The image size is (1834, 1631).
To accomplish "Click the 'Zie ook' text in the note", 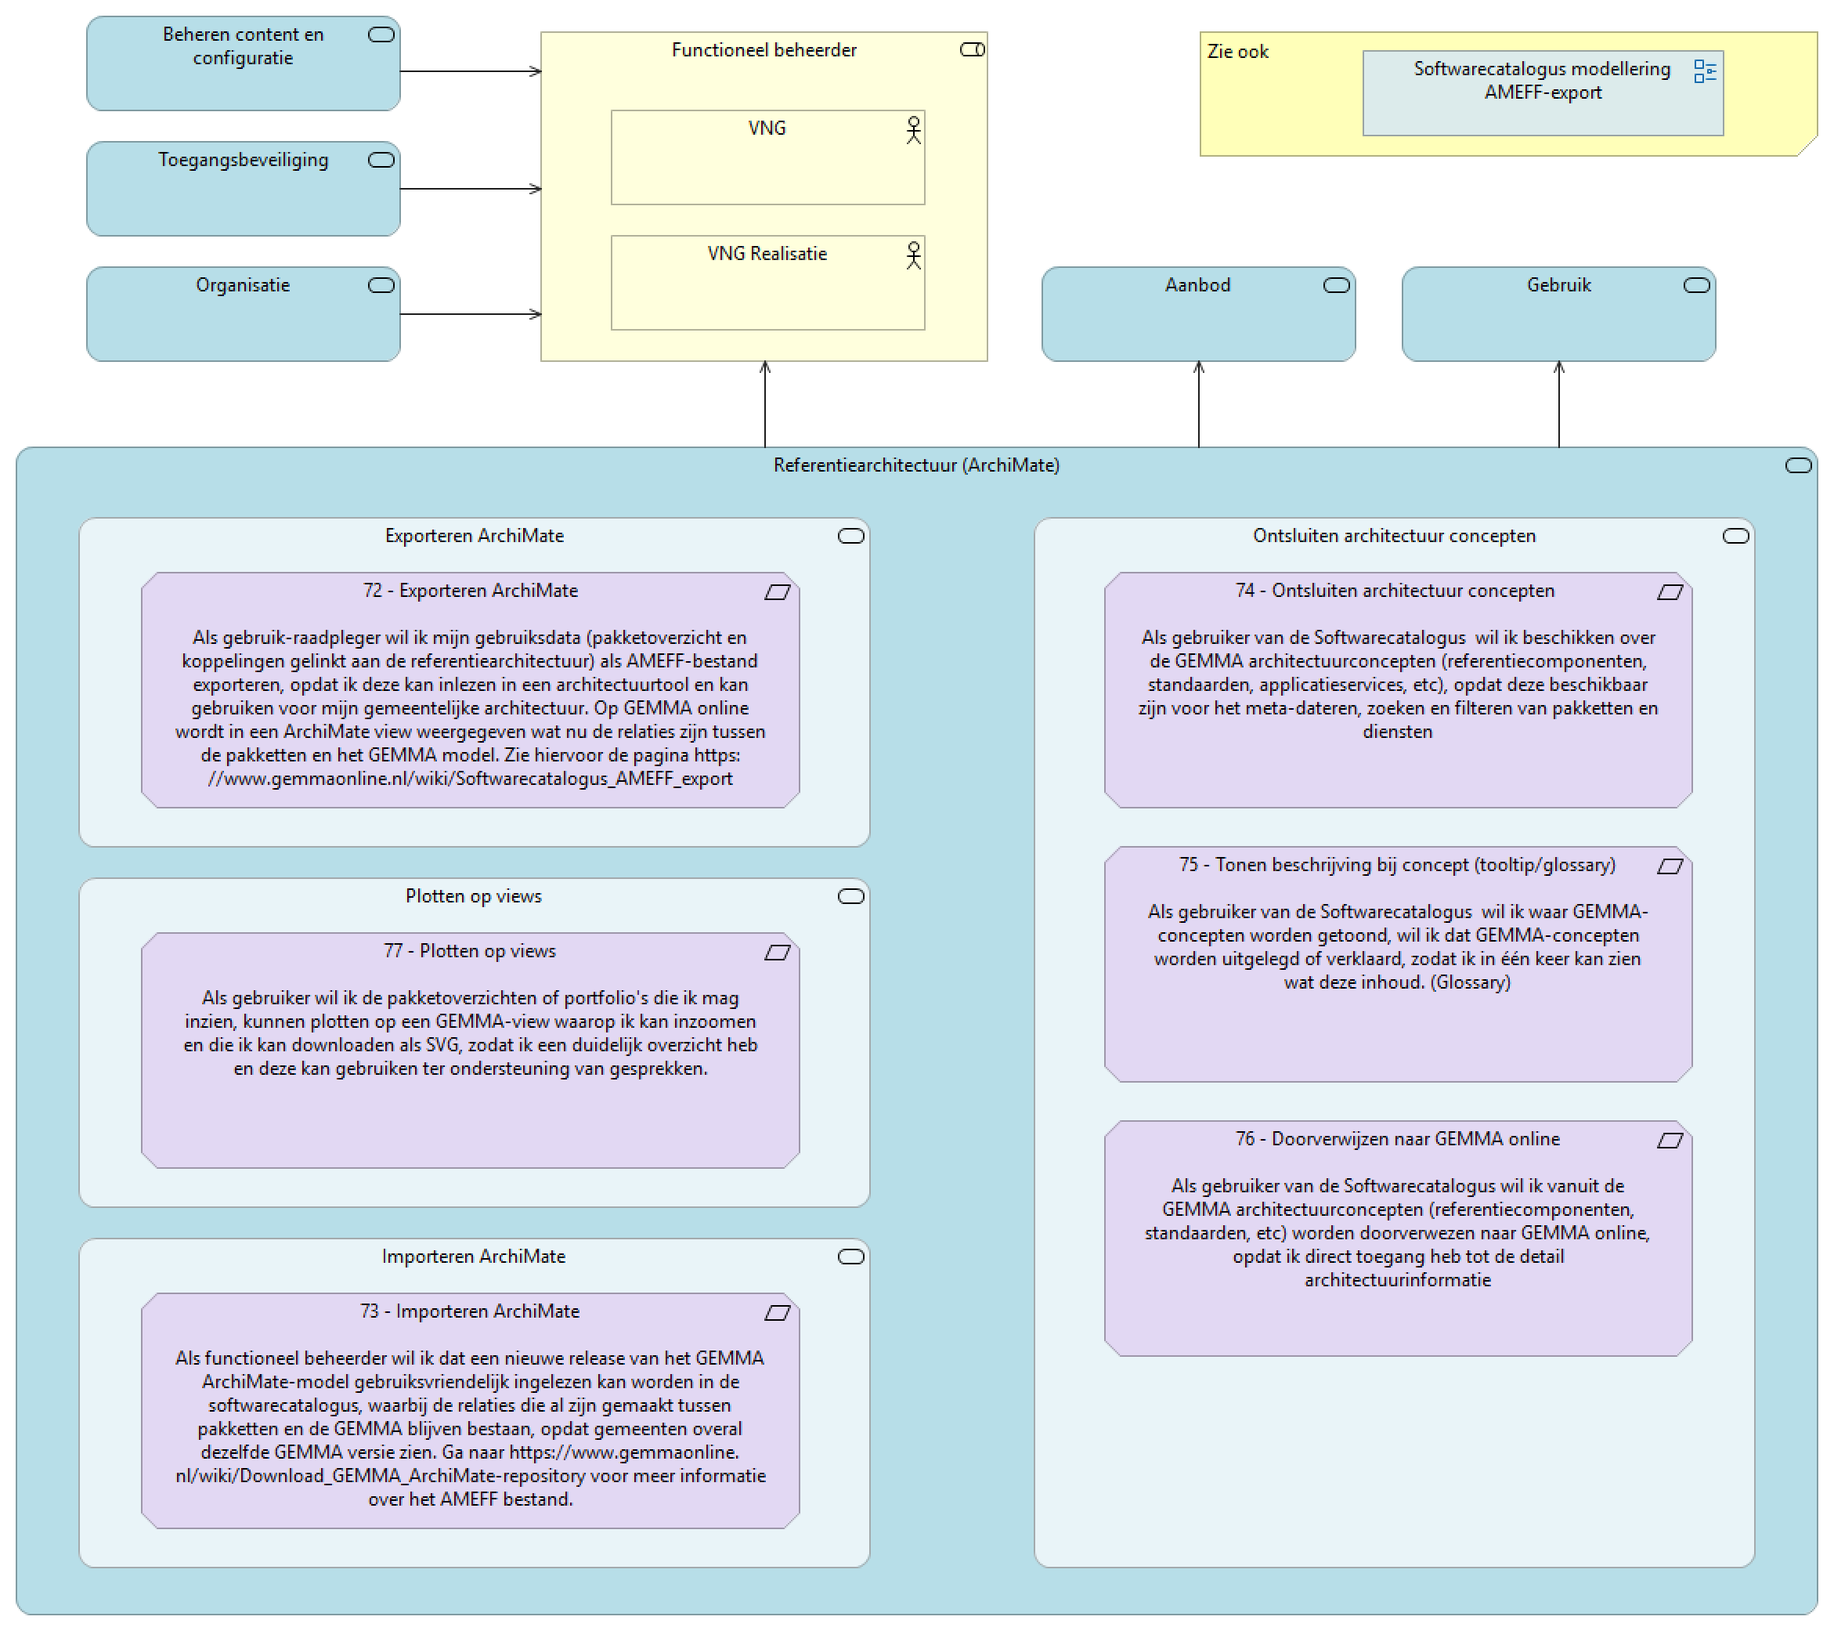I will click(x=1237, y=52).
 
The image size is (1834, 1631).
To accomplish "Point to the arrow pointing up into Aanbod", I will click(x=1199, y=404).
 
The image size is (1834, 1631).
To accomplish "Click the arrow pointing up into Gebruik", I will click(x=1558, y=404).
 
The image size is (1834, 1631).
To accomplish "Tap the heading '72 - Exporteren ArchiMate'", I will click(x=470, y=591).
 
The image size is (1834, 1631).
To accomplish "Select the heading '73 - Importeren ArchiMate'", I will click(x=470, y=1311).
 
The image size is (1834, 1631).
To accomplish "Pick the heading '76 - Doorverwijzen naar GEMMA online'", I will click(x=1397, y=1138).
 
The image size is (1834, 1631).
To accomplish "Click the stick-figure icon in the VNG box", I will click(x=913, y=130).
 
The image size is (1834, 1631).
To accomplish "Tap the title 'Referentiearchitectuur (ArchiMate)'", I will click(x=916, y=465).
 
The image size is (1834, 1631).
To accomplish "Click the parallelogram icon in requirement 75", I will click(x=1669, y=866).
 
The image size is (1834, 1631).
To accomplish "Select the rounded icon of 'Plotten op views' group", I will click(x=850, y=896).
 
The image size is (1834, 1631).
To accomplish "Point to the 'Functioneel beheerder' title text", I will click(x=764, y=50).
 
